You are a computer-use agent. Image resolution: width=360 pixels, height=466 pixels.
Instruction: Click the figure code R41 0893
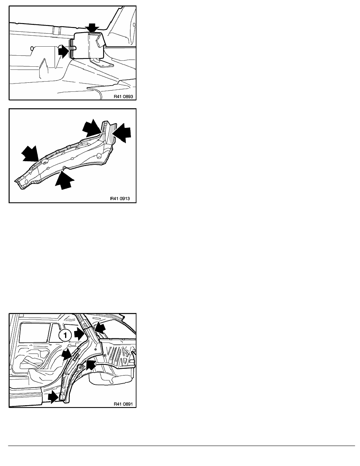pyautogui.click(x=124, y=96)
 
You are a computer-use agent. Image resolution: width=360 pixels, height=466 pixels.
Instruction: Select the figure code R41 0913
pyautogui.click(x=120, y=198)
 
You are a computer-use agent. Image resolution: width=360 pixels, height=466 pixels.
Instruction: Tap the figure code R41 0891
pyautogui.click(x=123, y=404)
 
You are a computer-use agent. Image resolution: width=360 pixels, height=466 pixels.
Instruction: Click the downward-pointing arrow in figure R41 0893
pyautogui.click(x=92, y=28)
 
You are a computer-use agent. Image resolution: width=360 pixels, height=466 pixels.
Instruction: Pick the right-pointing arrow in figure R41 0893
pyautogui.click(x=64, y=51)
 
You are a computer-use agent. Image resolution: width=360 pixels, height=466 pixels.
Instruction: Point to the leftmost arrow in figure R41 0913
pyautogui.click(x=31, y=154)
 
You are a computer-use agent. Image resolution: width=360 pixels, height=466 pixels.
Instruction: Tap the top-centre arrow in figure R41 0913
pyautogui.click(x=92, y=128)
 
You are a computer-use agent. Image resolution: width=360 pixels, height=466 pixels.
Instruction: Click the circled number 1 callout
pyautogui.click(x=65, y=335)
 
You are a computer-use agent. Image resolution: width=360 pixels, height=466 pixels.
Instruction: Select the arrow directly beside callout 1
pyautogui.click(x=79, y=334)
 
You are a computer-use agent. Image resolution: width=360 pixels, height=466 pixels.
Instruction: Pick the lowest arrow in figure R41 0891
pyautogui.click(x=54, y=397)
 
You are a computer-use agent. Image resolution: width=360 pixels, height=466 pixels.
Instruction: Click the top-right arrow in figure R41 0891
pyautogui.click(x=100, y=329)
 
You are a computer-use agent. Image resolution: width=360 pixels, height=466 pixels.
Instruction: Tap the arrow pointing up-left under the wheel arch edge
pyautogui.click(x=91, y=365)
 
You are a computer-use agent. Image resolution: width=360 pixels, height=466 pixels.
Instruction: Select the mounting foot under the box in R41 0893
pyautogui.click(x=101, y=63)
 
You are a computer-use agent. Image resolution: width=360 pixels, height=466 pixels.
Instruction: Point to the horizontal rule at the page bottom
pyautogui.click(x=182, y=446)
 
